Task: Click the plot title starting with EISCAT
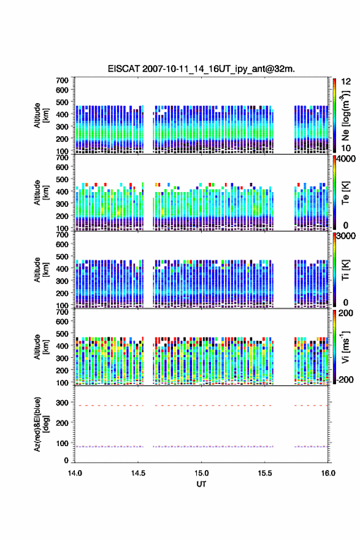(201, 69)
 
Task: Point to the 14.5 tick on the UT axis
(138, 473)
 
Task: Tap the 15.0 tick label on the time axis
(201, 473)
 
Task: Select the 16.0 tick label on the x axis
(328, 473)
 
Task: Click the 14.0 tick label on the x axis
(75, 473)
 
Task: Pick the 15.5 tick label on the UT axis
(265, 473)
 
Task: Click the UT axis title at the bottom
(201, 484)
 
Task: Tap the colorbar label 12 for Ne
(346, 82)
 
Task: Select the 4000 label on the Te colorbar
(346, 159)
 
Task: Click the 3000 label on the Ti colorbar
(346, 236)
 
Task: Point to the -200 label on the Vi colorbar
(345, 379)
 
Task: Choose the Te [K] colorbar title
(345, 193)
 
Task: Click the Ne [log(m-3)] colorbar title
(345, 116)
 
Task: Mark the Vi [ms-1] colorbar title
(345, 347)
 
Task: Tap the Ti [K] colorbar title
(345, 270)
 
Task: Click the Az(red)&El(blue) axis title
(41, 424)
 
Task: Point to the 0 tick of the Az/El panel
(66, 460)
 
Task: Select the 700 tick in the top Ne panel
(63, 80)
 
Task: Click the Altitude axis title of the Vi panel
(41, 347)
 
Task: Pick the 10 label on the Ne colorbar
(346, 148)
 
